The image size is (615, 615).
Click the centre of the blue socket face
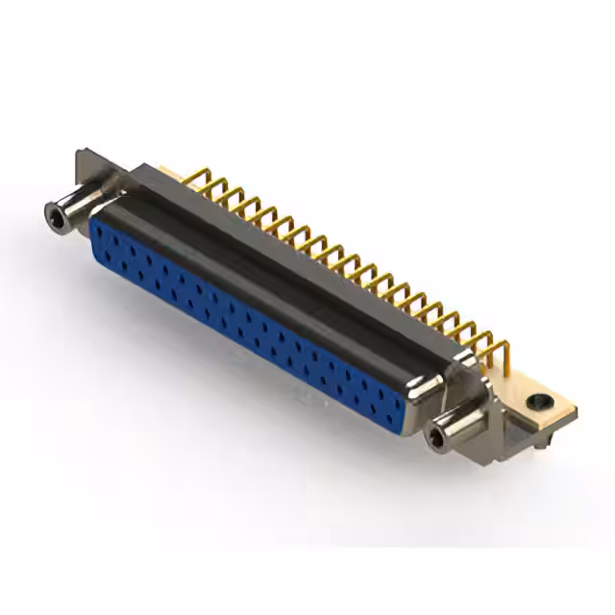click(245, 322)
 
